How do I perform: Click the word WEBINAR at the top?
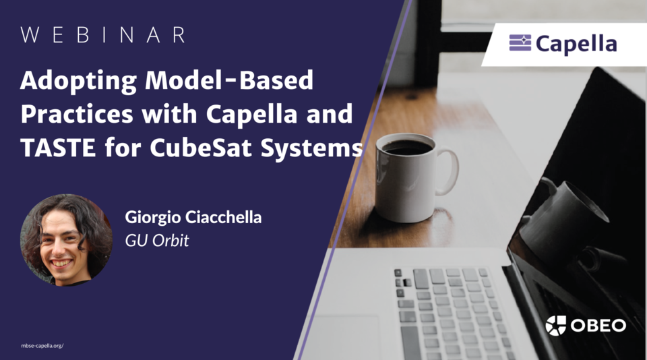point(103,36)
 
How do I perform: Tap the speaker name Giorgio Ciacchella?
point(192,217)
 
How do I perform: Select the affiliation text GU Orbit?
point(157,240)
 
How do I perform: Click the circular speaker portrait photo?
point(67,239)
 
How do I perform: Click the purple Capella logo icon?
point(520,44)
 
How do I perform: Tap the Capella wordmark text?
point(576,44)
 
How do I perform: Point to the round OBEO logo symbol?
point(556,326)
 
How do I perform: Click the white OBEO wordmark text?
point(598,326)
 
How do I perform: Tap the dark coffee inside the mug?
point(406,147)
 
